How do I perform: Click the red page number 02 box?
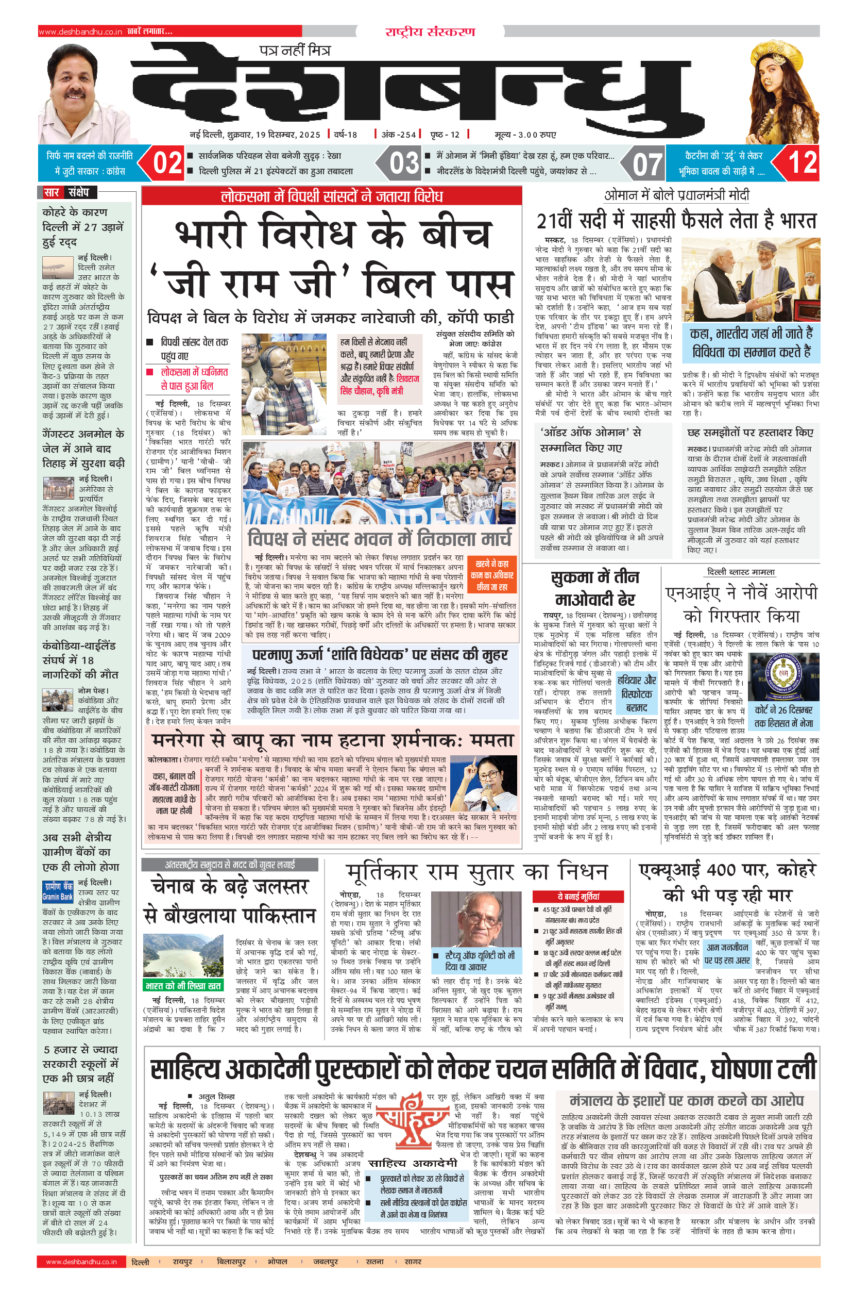(167, 162)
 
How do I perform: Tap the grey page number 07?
(647, 163)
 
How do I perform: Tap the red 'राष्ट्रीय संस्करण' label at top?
(430, 31)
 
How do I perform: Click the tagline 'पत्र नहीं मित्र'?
(295, 51)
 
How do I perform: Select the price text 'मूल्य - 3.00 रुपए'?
(525, 135)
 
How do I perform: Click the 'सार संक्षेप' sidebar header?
(67, 192)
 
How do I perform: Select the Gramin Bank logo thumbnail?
(58, 892)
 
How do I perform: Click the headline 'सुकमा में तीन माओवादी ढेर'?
(595, 587)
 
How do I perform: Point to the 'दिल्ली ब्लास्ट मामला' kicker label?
(741, 572)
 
